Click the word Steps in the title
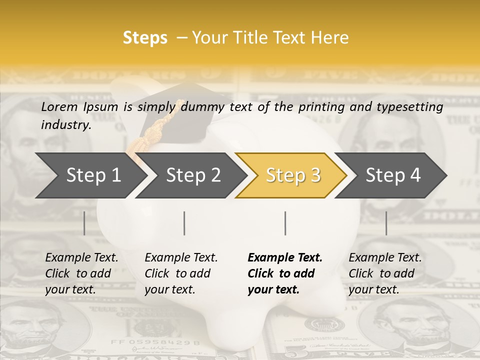click(x=145, y=38)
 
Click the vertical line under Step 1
click(x=84, y=223)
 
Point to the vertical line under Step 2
click(x=184, y=223)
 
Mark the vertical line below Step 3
click(x=285, y=223)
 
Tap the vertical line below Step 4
click(x=386, y=223)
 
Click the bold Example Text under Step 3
click(x=285, y=258)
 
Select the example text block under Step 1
click(x=81, y=273)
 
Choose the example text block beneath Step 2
click(x=181, y=273)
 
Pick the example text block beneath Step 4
click(x=385, y=273)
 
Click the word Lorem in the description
click(x=59, y=107)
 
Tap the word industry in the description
click(x=65, y=125)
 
